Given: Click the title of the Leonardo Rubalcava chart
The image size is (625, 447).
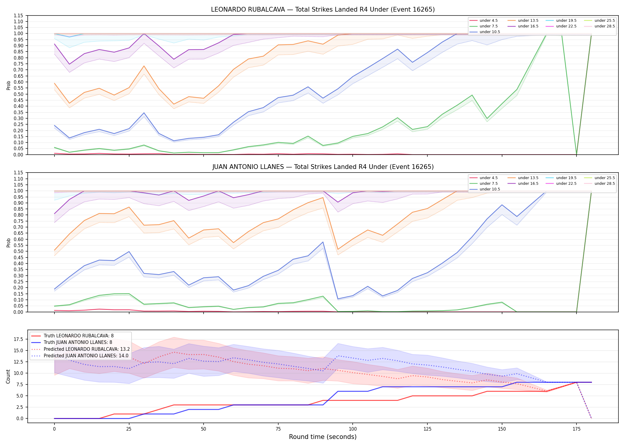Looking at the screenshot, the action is (x=323, y=10).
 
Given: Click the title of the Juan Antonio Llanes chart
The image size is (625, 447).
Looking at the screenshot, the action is (x=323, y=167).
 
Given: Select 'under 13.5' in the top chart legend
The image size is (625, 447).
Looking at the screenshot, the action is (x=528, y=21).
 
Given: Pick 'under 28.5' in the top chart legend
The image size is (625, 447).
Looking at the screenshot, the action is (x=604, y=26).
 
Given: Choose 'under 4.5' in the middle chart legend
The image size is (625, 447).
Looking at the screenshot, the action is (x=488, y=178).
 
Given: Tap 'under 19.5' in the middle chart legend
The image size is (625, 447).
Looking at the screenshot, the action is (x=566, y=178).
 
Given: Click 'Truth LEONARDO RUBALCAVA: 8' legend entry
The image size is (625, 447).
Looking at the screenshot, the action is (x=79, y=336).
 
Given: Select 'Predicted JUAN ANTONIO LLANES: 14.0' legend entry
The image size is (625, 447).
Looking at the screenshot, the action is (x=86, y=356).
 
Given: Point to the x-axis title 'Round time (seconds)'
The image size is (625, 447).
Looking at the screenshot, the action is (x=323, y=437).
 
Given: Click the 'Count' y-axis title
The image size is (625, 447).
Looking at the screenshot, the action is (x=8, y=377).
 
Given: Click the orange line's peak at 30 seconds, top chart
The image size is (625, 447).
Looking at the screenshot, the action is (x=144, y=66).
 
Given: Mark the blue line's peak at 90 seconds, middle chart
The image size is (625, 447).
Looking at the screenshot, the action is (x=323, y=242).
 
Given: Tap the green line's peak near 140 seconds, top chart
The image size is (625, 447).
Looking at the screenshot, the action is (x=472, y=95).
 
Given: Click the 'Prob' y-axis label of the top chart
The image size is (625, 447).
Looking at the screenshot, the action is (x=8, y=85).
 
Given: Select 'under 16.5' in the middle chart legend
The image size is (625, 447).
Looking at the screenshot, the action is (x=528, y=184).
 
